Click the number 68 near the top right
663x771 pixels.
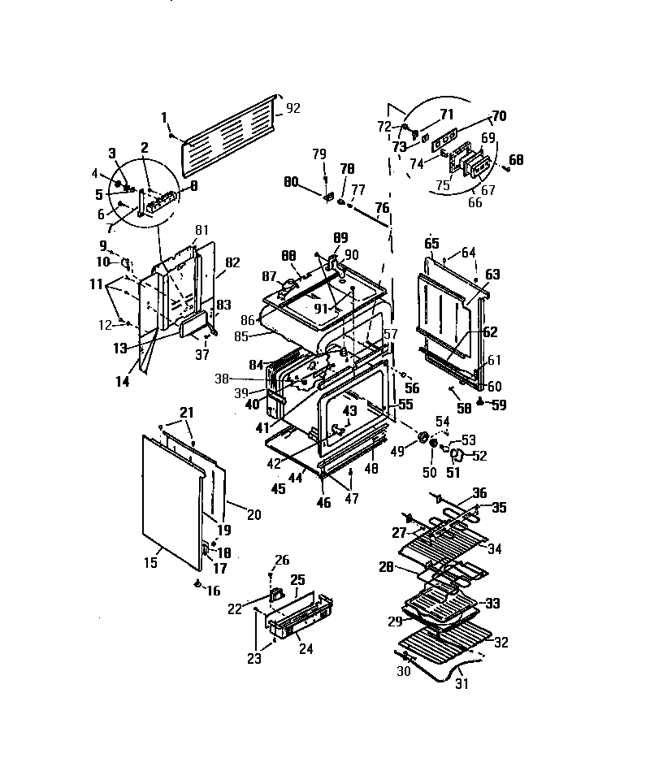pyautogui.click(x=516, y=159)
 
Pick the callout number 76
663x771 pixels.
pyautogui.click(x=382, y=208)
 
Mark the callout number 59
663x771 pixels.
pyautogui.click(x=499, y=404)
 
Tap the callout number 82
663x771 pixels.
pyautogui.click(x=232, y=262)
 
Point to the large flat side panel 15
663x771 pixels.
pyautogui.click(x=171, y=496)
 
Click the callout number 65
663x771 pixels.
pyautogui.click(x=431, y=243)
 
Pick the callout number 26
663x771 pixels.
pyautogui.click(x=281, y=560)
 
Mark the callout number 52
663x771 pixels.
pyautogui.click(x=479, y=456)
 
